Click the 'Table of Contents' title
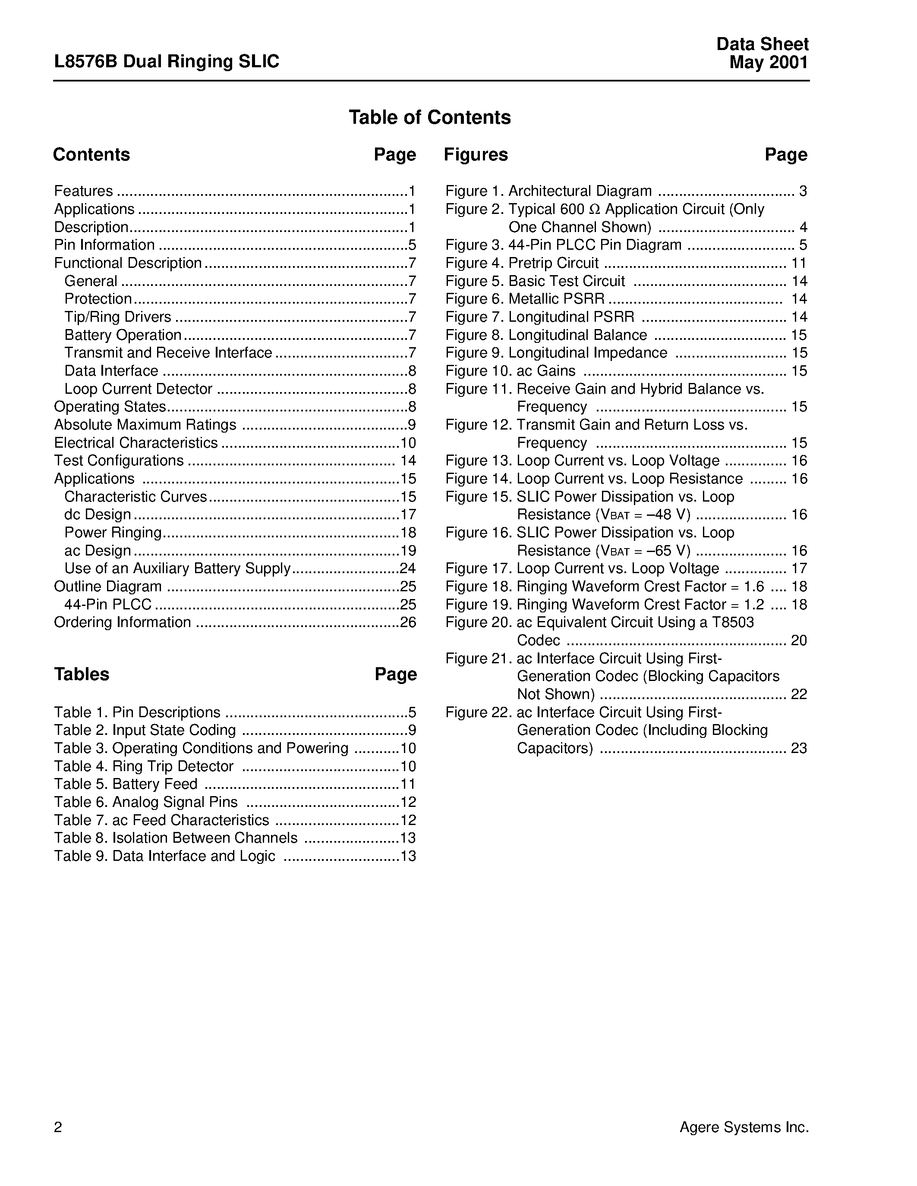[x=429, y=117]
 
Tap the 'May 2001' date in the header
[x=768, y=63]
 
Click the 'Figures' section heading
[x=476, y=155]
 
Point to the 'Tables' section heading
[x=82, y=675]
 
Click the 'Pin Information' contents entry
[x=104, y=245]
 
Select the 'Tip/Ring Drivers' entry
[x=118, y=317]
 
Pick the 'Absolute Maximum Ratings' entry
[x=145, y=425]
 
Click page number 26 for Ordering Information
[x=408, y=622]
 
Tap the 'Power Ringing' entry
[x=113, y=533]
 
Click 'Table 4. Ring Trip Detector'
[x=144, y=766]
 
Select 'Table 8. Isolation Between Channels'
[x=176, y=838]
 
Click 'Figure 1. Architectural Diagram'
[x=548, y=191]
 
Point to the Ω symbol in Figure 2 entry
[x=595, y=210]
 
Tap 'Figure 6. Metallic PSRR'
[x=525, y=299]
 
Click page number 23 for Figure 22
[x=799, y=748]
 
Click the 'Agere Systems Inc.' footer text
[x=744, y=1127]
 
